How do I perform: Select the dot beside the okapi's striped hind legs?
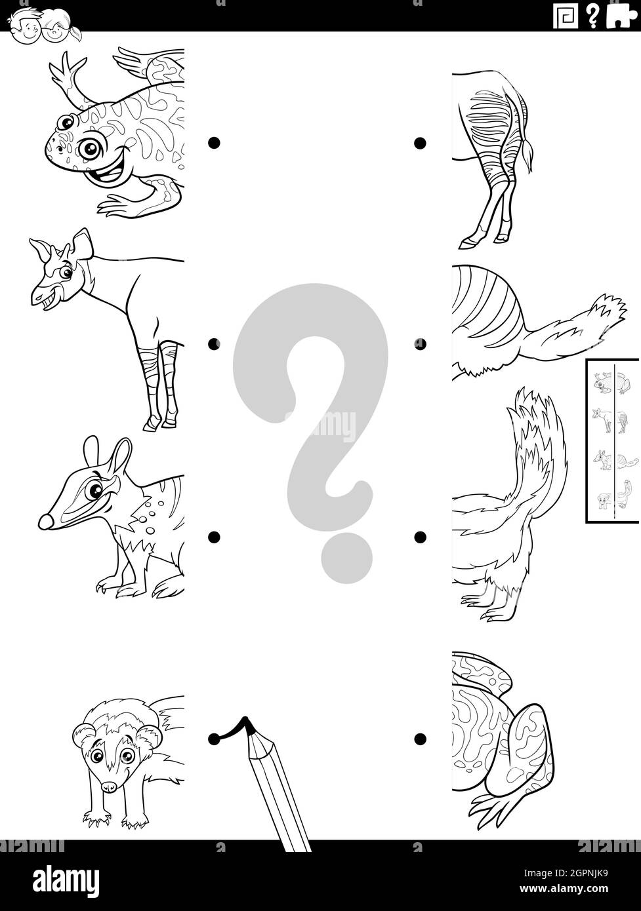coord(420,142)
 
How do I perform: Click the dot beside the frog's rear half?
coord(420,739)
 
